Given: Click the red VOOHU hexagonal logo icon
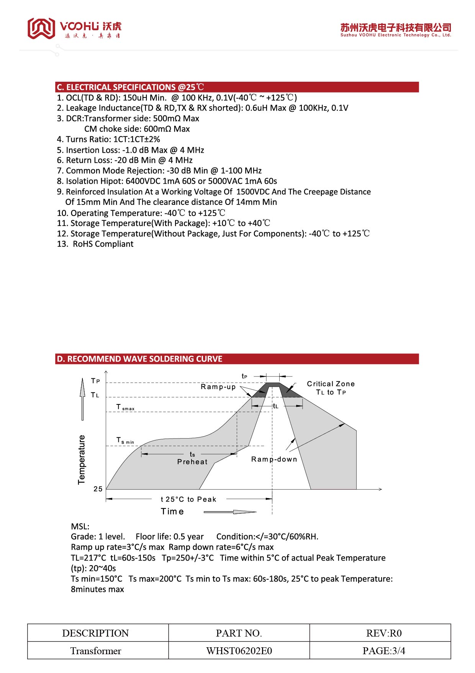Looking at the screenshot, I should (x=41, y=28).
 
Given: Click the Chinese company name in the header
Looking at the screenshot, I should (x=396, y=27).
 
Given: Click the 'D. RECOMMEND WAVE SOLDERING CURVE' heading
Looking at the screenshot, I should (x=139, y=359).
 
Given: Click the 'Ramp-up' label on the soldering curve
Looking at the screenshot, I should (x=218, y=386).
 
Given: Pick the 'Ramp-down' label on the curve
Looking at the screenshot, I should (x=274, y=459).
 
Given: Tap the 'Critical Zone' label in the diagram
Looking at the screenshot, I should (x=331, y=384).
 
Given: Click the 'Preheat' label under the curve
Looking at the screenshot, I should (x=192, y=462).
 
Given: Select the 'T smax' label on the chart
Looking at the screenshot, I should (x=125, y=407).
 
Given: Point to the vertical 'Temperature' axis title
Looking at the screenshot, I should (x=82, y=460).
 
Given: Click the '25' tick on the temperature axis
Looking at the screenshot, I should (x=98, y=489).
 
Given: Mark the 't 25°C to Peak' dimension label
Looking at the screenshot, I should (x=188, y=499).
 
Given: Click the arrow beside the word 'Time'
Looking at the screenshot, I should (x=230, y=512).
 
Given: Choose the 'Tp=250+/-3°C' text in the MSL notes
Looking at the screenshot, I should (x=188, y=558).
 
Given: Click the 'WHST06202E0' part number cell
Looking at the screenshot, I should (x=239, y=651).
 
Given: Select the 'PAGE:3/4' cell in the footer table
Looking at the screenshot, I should (x=384, y=651).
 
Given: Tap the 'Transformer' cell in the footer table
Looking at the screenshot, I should (x=96, y=651).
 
